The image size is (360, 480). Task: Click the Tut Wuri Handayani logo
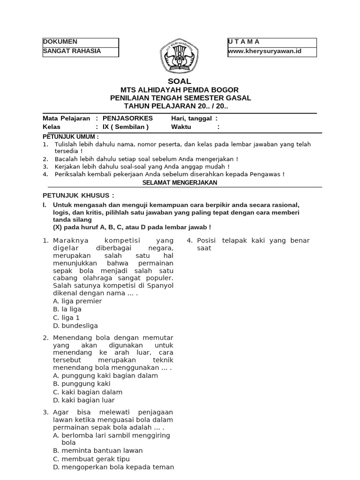coord(180,57)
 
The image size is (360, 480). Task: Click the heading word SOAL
coord(180,81)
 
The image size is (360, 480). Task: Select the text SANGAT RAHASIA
coord(72,51)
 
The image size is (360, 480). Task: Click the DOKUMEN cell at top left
coord(60,42)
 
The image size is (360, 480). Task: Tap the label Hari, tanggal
coord(191,119)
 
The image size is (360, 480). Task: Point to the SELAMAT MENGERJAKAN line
coord(180,182)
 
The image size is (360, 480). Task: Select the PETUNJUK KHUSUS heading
coord(78,195)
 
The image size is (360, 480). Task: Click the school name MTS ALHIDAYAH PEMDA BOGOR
coord(180,90)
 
